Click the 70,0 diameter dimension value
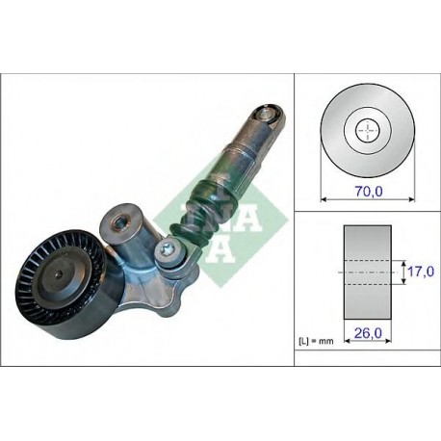369,192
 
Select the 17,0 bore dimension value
421,272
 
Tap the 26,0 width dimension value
368,333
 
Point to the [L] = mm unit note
316,341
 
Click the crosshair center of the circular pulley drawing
368,130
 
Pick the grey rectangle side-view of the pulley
368,272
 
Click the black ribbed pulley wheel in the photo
61,286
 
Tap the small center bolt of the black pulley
60,273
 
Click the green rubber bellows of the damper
202,214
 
